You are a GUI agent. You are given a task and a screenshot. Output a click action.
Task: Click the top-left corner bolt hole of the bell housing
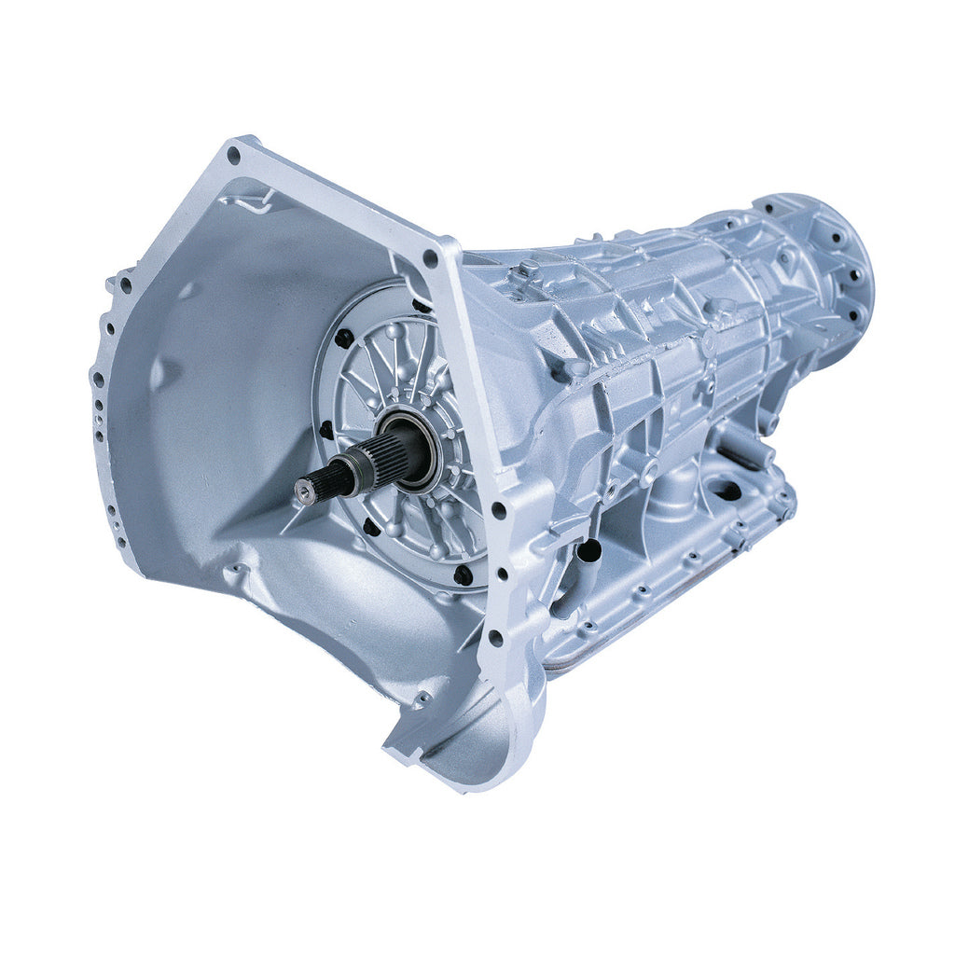233,156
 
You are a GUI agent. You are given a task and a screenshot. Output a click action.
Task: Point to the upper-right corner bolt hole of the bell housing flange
429,257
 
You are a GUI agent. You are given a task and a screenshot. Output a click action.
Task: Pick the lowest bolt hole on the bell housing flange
495,638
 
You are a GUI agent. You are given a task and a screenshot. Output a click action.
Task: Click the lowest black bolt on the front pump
463,575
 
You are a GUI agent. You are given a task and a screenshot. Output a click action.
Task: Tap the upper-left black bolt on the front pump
344,338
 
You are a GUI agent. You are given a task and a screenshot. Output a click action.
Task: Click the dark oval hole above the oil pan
727,489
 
